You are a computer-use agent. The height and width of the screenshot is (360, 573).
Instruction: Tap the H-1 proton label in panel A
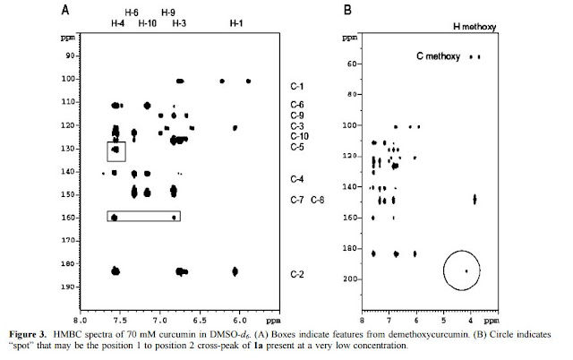click(x=235, y=24)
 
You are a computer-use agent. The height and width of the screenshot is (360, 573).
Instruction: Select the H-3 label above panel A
click(x=179, y=24)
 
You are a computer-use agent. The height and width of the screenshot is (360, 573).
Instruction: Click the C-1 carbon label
click(x=296, y=87)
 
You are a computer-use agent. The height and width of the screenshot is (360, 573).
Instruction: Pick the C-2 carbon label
click(x=296, y=273)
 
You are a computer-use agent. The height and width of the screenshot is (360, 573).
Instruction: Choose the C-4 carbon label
click(x=296, y=179)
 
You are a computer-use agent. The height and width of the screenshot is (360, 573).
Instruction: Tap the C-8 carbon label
click(x=318, y=199)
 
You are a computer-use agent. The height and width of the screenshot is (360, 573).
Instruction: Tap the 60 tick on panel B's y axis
click(x=345, y=64)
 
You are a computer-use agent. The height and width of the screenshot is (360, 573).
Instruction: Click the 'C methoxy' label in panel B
click(x=437, y=56)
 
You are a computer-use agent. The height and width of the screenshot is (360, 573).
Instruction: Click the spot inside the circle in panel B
click(x=466, y=270)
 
